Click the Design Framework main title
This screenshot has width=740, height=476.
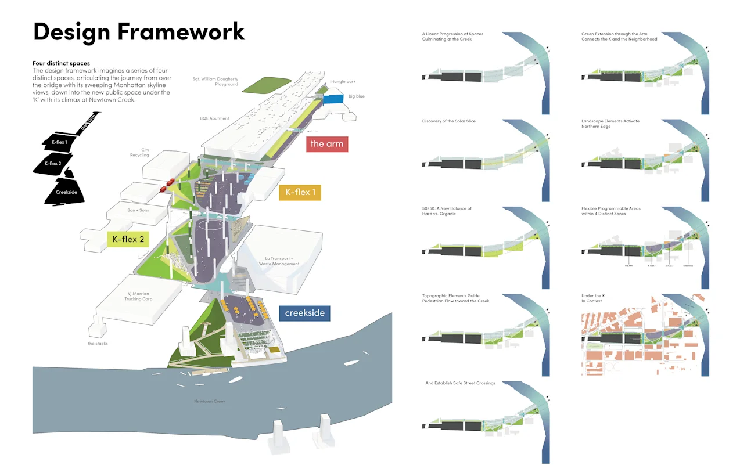tap(139, 32)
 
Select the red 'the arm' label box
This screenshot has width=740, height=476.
tap(326, 143)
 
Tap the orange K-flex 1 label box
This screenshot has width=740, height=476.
tap(300, 192)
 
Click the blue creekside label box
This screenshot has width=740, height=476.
tap(304, 313)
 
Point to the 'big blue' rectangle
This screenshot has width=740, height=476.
tap(334, 99)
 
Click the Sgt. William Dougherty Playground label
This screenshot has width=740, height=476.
tap(215, 81)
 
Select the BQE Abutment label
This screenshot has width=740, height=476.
tap(214, 118)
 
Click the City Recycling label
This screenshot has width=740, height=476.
tap(140, 153)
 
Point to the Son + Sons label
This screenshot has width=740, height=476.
tap(138, 210)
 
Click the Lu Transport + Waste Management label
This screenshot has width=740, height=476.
tap(279, 261)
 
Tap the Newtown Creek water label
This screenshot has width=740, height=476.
tap(210, 401)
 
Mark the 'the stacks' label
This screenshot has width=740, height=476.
tap(98, 344)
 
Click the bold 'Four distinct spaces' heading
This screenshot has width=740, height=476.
tap(62, 63)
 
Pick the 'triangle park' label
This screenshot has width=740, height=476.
tap(342, 82)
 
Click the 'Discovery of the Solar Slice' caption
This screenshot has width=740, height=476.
tap(449, 121)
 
